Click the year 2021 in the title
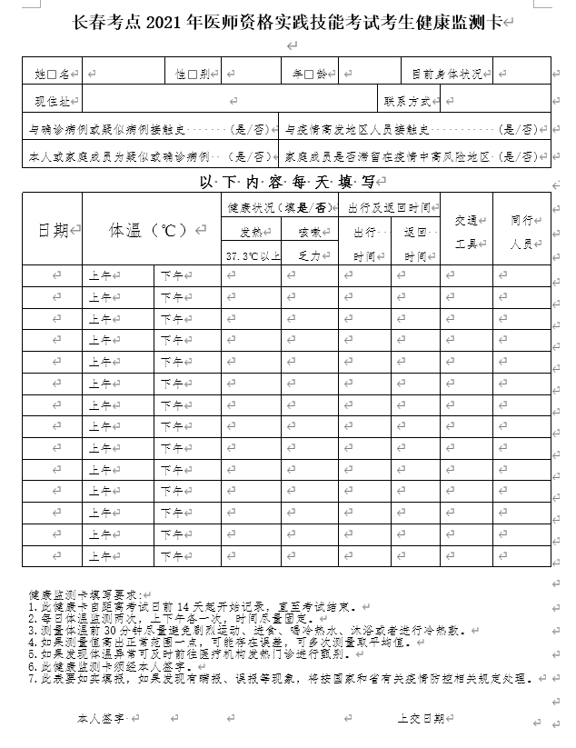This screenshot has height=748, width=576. click(x=171, y=23)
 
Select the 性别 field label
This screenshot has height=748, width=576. click(x=194, y=70)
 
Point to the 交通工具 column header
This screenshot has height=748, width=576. click(x=465, y=230)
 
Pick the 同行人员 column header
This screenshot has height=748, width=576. click(x=521, y=231)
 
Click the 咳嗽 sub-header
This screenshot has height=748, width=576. click(x=309, y=233)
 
